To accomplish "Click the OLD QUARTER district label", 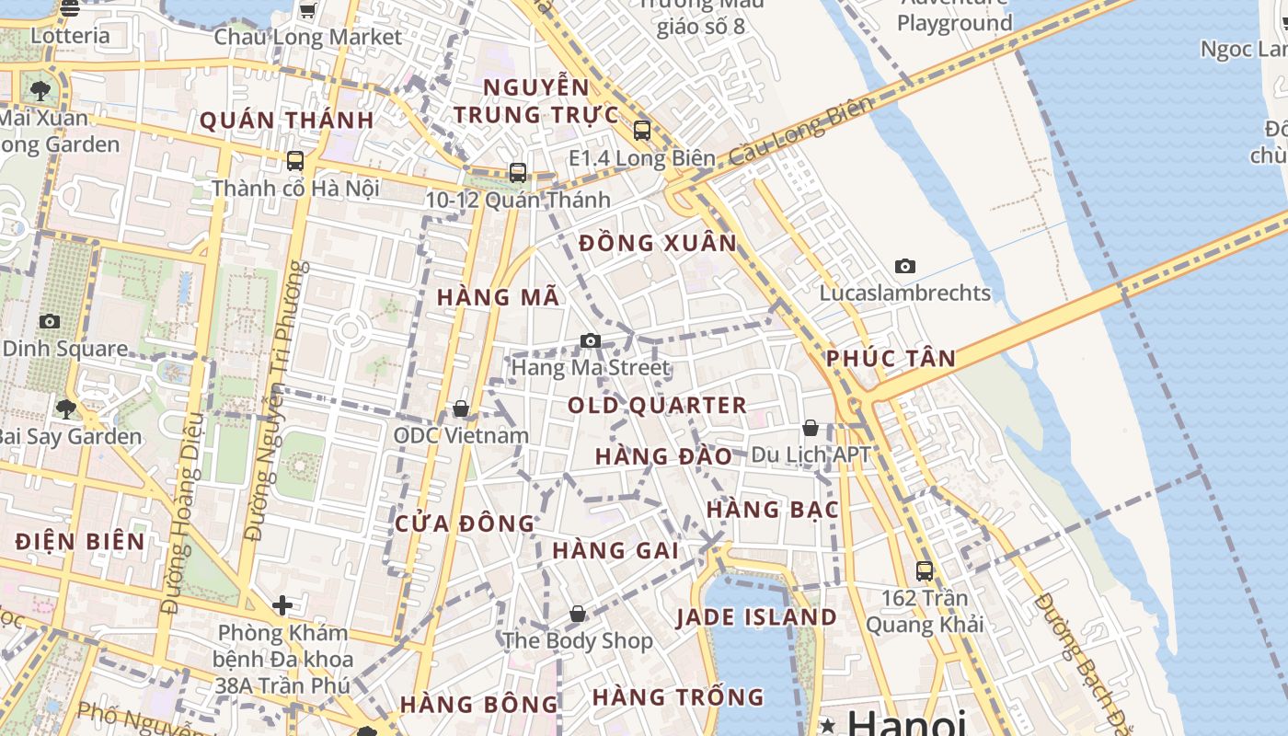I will click(657, 406).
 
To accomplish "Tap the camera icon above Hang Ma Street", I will click(591, 341).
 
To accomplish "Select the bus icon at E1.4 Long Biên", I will click(642, 131).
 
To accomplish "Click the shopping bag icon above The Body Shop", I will click(578, 614).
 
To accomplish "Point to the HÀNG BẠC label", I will click(773, 510).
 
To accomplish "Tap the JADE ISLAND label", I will click(757, 617).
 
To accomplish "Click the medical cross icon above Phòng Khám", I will click(282, 605).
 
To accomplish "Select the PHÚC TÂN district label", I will click(891, 359).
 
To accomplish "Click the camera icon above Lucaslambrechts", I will click(905, 267).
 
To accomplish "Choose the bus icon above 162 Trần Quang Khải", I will click(925, 570).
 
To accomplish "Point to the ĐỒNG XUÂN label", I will click(658, 244).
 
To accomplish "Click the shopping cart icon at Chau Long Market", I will click(308, 11).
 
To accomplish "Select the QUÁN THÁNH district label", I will click(287, 121).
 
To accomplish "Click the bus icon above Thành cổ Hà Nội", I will click(295, 161).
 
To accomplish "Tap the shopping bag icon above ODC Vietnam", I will click(461, 408).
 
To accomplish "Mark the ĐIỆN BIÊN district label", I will click(81, 541).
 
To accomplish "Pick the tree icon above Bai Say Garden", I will click(65, 408).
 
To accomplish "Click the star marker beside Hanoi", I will click(828, 725).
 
